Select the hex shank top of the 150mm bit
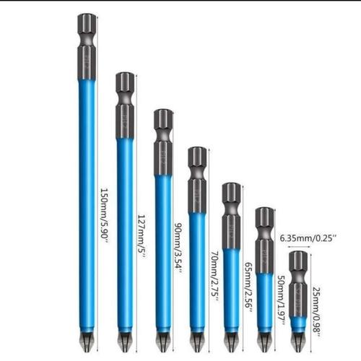[87, 43]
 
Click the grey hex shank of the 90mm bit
[162, 141]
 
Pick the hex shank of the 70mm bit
[197, 177]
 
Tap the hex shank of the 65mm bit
[231, 213]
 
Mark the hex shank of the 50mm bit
[264, 238]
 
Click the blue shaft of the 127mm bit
[125, 231]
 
